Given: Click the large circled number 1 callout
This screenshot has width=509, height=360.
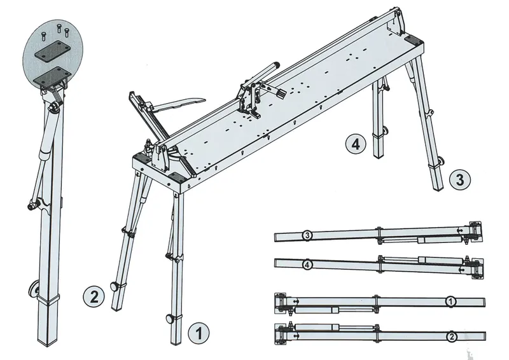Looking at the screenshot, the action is (199, 333).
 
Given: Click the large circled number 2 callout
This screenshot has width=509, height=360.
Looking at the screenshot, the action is (94, 296).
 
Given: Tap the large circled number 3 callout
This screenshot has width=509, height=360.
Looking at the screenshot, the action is (460, 179).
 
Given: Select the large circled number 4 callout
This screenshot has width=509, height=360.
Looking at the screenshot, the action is (356, 144).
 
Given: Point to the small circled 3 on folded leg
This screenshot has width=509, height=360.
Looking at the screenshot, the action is (307, 235).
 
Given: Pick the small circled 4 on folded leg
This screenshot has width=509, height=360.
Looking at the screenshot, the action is (307, 265).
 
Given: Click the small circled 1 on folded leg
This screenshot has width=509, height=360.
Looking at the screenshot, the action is (450, 301).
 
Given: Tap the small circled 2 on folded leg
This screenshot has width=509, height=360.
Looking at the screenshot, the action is (451, 337).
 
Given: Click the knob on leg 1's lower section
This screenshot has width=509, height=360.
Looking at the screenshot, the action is (170, 319).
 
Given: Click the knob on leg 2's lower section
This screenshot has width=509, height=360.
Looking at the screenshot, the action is (115, 286).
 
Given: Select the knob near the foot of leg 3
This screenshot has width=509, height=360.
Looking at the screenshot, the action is (442, 161).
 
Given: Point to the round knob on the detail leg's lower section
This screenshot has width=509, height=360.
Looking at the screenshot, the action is (33, 289).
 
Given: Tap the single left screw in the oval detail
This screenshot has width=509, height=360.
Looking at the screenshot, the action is (43, 35).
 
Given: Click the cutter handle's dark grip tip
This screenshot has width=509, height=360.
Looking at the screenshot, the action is (276, 64).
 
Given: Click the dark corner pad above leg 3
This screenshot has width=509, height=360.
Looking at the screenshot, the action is (413, 40).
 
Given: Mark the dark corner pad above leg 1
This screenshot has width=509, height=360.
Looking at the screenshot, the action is (178, 177).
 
